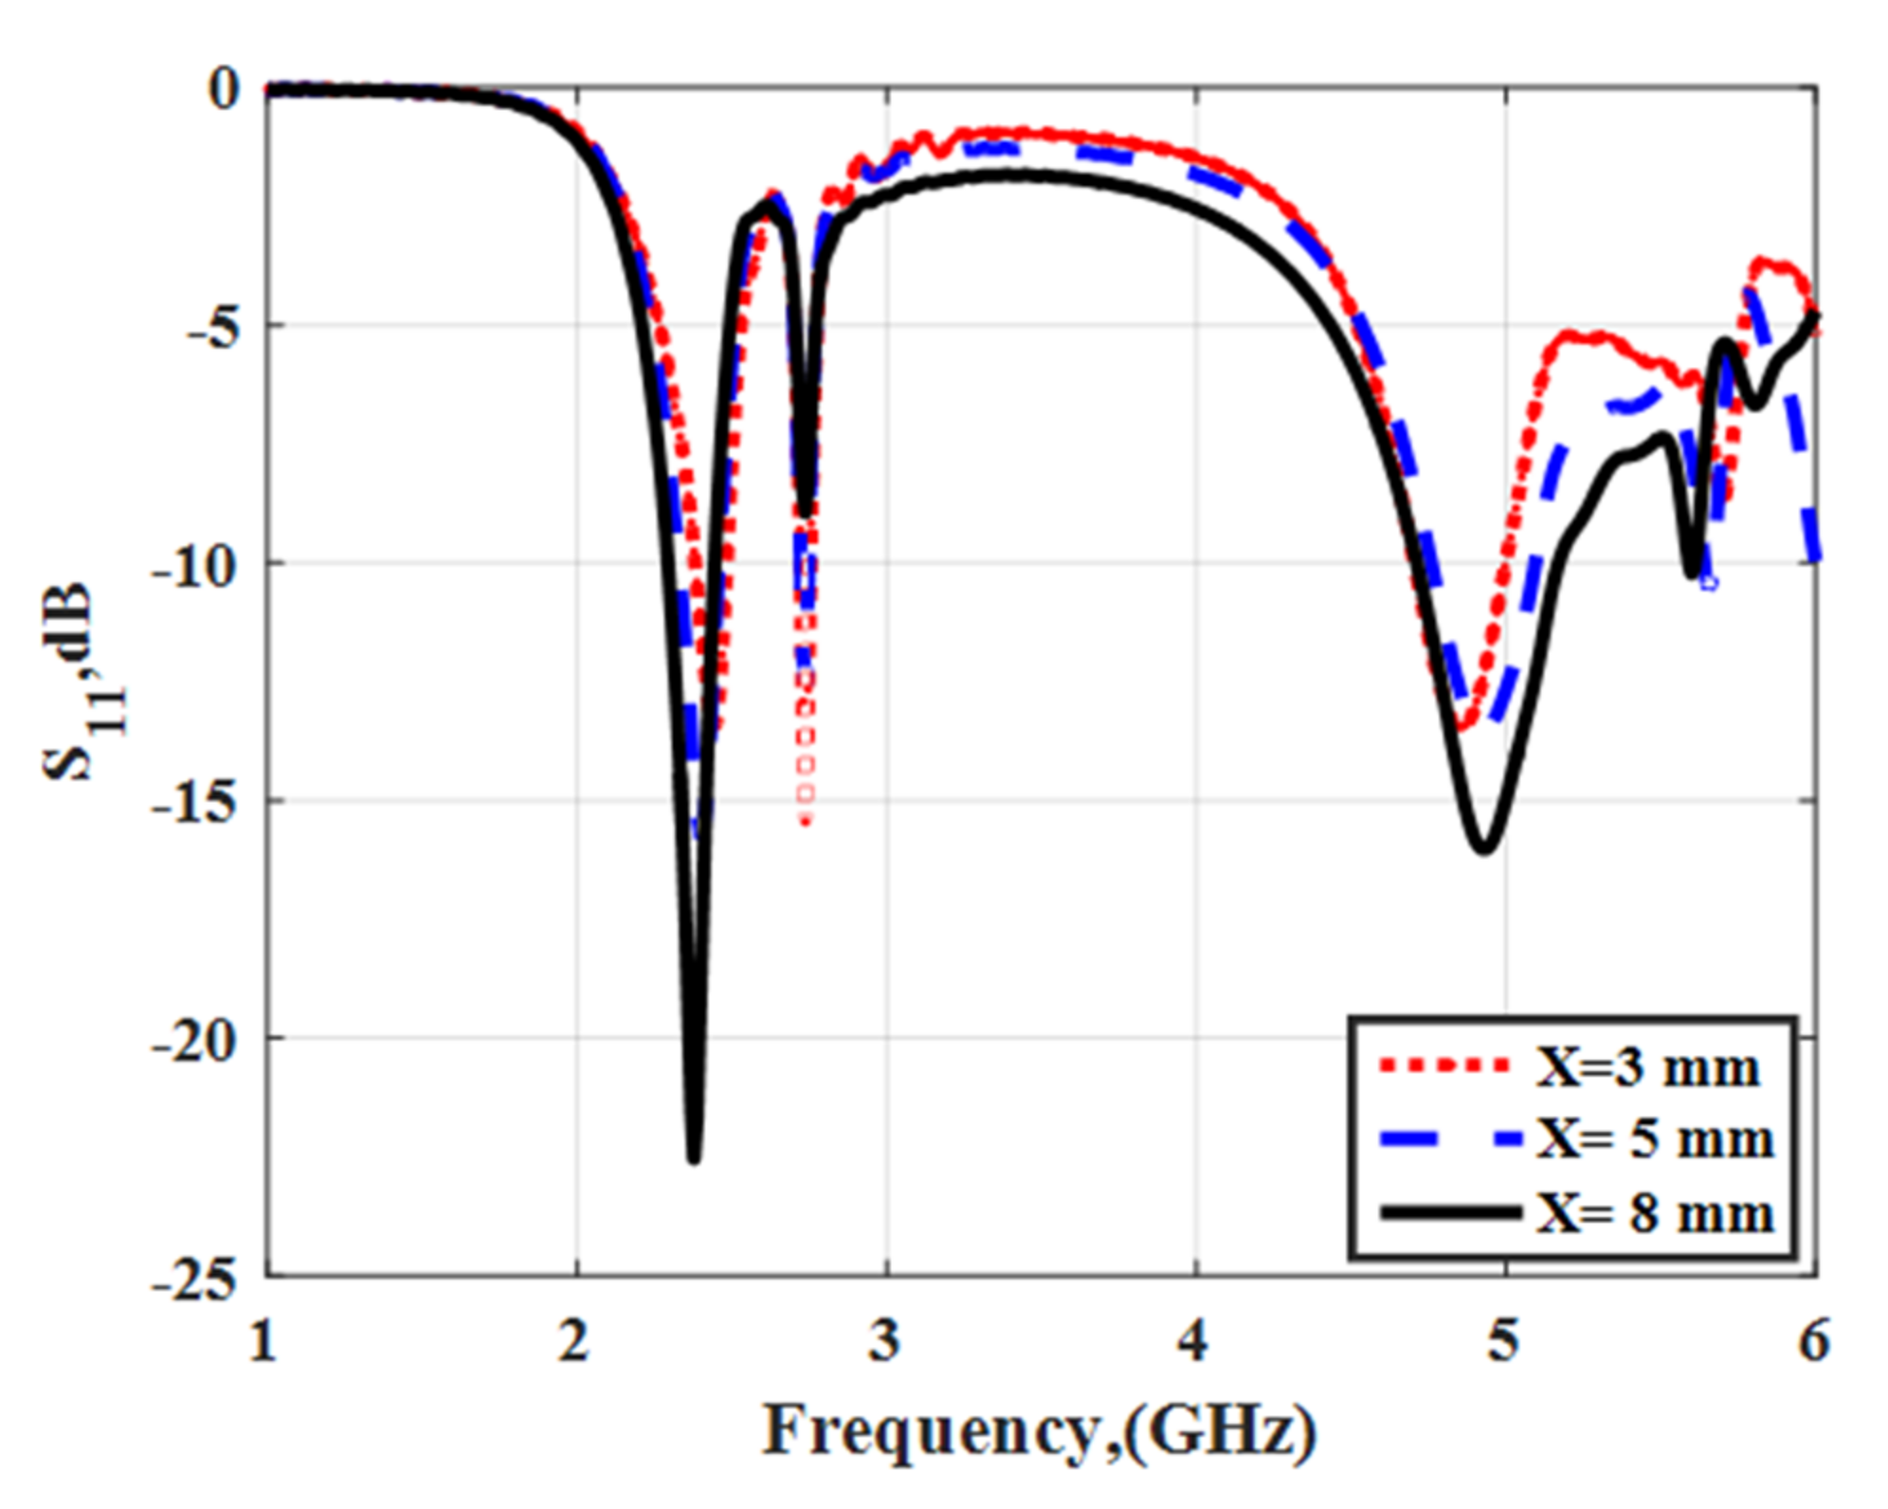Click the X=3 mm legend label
1646,1068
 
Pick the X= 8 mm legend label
1654,1212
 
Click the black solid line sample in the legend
1450,1212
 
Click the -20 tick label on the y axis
194,1041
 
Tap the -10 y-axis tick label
194,566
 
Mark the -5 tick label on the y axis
209,328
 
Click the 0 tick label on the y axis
225,90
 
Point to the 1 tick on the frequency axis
264,1340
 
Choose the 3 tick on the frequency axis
884,1340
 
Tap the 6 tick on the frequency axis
1813,1340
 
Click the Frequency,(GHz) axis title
1040,1431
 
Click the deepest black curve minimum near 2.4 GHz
694,1157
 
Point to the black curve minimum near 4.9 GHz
1483,848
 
